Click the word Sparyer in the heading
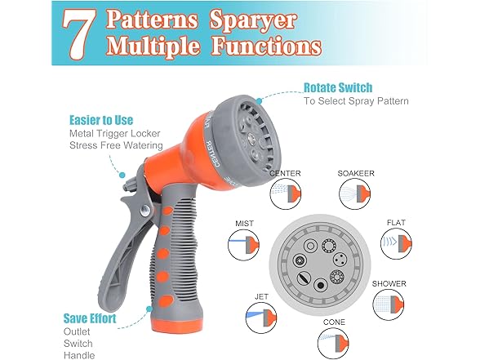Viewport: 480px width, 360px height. point(253,20)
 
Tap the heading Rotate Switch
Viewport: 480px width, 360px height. point(338,88)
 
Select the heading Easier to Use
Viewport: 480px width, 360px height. point(101,120)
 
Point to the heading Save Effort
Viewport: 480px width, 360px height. point(90,318)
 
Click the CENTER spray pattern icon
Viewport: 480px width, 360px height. point(286,193)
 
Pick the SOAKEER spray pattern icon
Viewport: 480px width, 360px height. point(354,193)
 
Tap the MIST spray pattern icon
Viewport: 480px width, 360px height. point(243,245)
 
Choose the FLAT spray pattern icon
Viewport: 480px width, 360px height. point(396,243)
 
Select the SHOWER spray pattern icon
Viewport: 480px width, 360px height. point(389,304)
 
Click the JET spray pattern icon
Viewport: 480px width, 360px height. point(261,318)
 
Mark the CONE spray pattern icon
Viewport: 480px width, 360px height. point(333,343)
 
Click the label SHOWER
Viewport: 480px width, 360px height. point(389,284)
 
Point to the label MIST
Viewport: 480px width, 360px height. point(244,224)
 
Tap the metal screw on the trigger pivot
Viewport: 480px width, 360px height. point(145,210)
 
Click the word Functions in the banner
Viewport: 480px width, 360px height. point(266,47)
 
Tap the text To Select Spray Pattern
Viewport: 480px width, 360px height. point(356,101)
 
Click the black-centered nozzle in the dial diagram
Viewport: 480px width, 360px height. point(321,286)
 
